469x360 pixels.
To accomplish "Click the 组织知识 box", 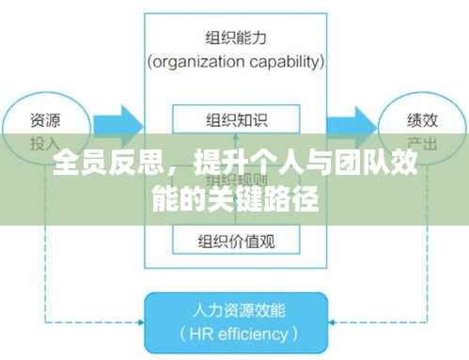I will (236, 120).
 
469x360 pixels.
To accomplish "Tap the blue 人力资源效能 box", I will (236, 321).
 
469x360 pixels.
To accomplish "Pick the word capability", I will (286, 62).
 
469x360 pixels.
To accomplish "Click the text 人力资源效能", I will (236, 308).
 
